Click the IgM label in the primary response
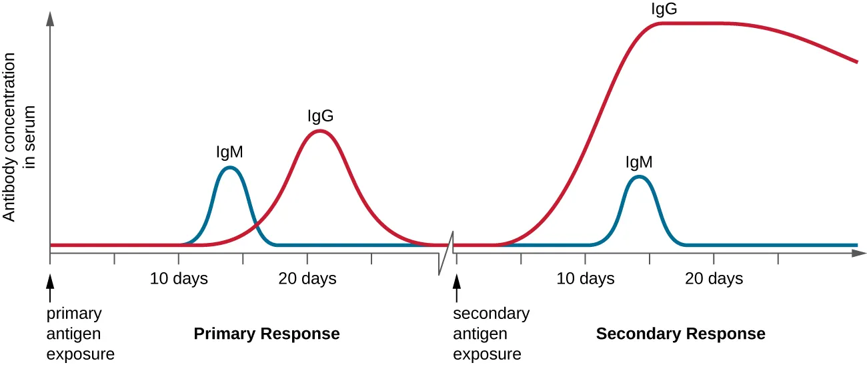(229, 152)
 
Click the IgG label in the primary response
(320, 116)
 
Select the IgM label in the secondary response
(638, 161)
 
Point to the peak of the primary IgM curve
(229, 167)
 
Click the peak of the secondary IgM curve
(639, 177)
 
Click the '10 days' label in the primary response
(179, 278)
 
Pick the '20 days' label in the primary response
(307, 278)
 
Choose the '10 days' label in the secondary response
(586, 278)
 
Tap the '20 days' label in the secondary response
(714, 278)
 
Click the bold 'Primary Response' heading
(267, 334)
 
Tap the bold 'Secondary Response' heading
(680, 334)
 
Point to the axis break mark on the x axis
(446, 253)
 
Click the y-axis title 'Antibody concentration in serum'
(19, 137)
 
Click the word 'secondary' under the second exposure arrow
(491, 314)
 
